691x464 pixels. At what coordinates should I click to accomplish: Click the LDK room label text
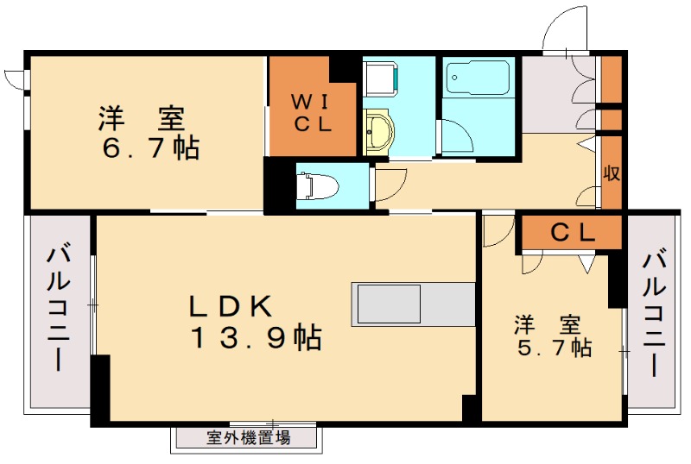(231, 305)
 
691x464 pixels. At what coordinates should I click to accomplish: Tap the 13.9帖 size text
(256, 338)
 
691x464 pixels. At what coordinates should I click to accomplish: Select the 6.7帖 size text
(150, 148)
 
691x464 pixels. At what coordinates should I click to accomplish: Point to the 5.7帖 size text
(553, 348)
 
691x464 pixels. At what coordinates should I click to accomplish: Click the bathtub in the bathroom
(477, 80)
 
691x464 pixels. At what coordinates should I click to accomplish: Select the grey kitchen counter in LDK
(413, 304)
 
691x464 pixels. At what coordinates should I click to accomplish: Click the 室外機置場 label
(248, 437)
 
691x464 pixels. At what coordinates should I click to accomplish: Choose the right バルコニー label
(655, 315)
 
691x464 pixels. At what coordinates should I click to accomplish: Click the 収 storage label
(612, 172)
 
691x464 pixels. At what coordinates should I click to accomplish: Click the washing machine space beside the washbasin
(380, 79)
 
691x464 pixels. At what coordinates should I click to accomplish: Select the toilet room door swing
(389, 181)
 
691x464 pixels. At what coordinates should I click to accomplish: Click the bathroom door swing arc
(456, 138)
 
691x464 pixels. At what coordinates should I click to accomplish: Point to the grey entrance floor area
(553, 95)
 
